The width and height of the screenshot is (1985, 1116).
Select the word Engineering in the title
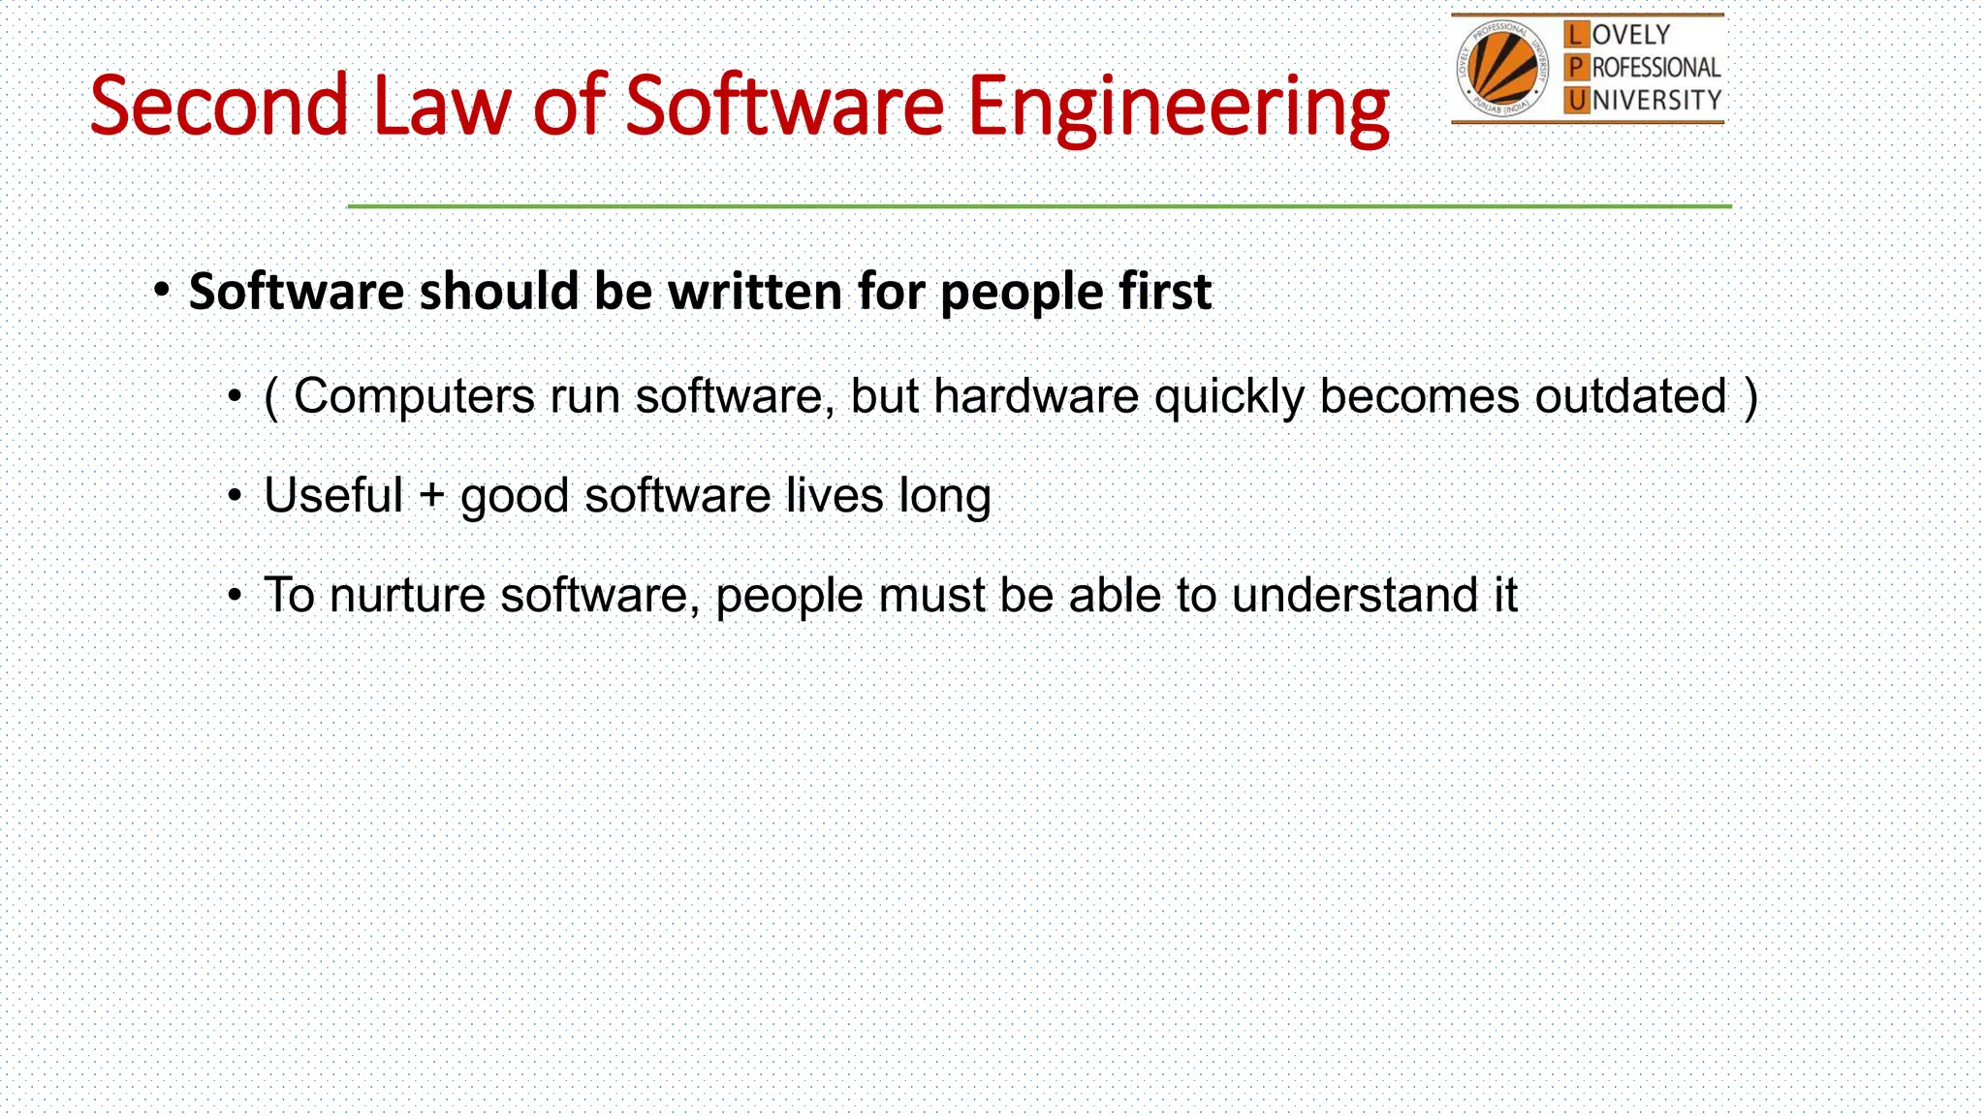(1178, 108)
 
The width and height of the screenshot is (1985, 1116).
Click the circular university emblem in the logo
(1501, 68)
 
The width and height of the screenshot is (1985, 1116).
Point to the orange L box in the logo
(1577, 35)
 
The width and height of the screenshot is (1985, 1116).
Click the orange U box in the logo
(1577, 100)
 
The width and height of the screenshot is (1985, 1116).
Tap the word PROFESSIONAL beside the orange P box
(1655, 68)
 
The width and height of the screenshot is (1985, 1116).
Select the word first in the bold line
(1165, 292)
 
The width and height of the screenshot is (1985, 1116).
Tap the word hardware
(1035, 396)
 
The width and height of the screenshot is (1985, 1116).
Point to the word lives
(834, 495)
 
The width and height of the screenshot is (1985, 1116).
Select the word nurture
(407, 596)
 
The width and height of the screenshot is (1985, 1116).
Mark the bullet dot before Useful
(235, 496)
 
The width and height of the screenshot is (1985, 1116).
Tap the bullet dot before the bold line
(162, 291)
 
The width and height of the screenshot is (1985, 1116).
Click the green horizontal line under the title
(1039, 206)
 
